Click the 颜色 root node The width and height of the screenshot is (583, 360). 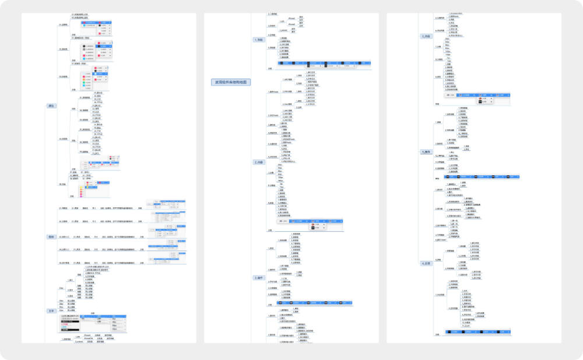coord(51,105)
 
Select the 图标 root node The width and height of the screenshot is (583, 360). coord(51,237)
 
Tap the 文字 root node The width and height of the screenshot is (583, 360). coord(51,310)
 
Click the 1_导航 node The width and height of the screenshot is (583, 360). coord(259,40)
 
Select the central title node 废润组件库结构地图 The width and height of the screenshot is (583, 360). coord(230,82)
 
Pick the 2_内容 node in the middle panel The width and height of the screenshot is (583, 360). coord(259,162)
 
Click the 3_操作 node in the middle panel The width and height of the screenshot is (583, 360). coord(259,278)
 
